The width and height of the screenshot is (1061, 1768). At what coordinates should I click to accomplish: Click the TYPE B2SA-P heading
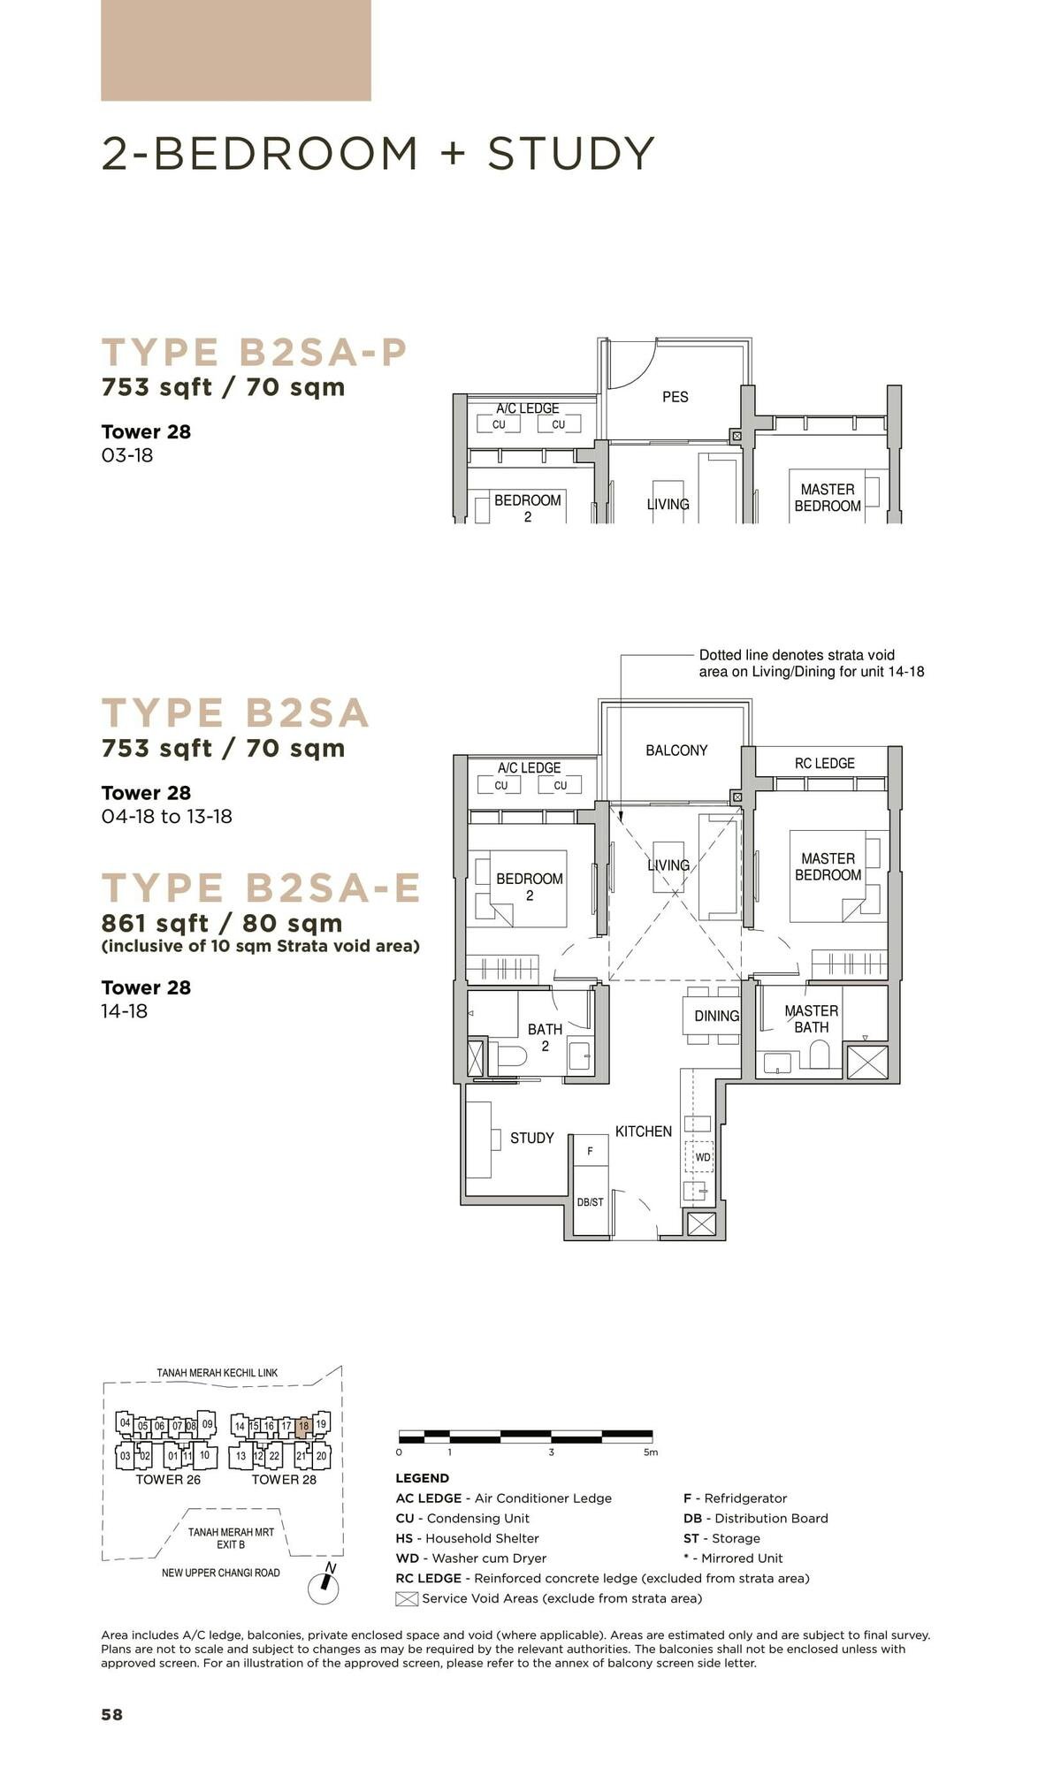[x=255, y=352]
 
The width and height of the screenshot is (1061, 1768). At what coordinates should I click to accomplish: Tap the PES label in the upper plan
[x=675, y=397]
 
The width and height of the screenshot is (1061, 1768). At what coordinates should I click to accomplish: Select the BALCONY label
[x=676, y=751]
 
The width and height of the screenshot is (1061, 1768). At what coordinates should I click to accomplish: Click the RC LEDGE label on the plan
[x=824, y=763]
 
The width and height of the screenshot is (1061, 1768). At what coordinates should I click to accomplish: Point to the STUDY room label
[x=531, y=1138]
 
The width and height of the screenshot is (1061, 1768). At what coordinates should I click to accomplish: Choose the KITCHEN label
[x=643, y=1132]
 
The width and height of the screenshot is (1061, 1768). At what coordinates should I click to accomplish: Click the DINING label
[x=716, y=1016]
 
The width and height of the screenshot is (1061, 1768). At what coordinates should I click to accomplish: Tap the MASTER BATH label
[x=811, y=1018]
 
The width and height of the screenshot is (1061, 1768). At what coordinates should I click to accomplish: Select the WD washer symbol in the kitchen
[x=702, y=1156]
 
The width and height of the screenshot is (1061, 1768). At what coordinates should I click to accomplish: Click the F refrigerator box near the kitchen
[x=590, y=1151]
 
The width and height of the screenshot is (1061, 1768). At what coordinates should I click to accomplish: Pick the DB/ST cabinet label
[x=590, y=1202]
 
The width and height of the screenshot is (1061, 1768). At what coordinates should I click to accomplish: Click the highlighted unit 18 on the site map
[x=303, y=1425]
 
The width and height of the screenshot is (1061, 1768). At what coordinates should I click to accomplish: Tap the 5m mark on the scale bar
[x=650, y=1452]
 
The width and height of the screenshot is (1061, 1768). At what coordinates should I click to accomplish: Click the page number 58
[x=112, y=1714]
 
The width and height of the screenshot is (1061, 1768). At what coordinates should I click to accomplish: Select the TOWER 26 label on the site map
[x=168, y=1479]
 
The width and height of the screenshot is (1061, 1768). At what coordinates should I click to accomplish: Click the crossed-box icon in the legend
[x=406, y=1598]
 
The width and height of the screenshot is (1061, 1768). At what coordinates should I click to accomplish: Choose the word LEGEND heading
[x=422, y=1478]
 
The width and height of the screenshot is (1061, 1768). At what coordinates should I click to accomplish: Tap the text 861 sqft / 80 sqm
[x=222, y=923]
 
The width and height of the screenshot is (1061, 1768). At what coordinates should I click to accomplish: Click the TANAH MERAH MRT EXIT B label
[x=231, y=1538]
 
